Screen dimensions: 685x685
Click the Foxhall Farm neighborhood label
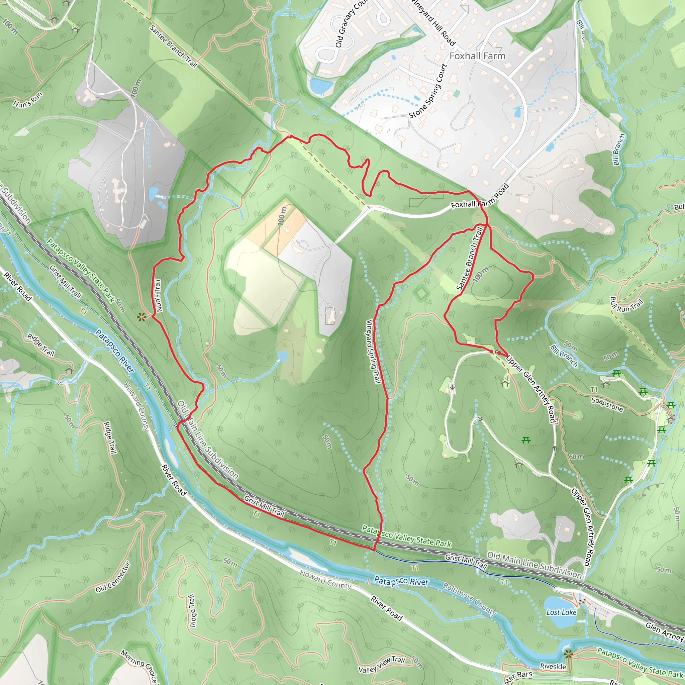tap(477, 56)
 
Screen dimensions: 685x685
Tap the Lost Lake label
tap(561, 612)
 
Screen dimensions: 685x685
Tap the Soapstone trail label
tap(607, 405)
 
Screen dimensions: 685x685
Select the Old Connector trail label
tap(113, 577)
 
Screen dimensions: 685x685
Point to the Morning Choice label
tap(139, 666)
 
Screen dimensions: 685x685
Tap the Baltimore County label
tap(469, 599)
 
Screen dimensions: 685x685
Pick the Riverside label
tap(553, 666)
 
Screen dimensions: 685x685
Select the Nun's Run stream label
tap(28, 99)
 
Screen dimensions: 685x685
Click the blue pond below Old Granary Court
tap(321, 85)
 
